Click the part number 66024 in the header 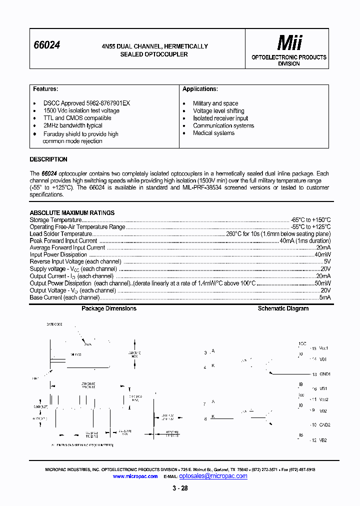click(46, 45)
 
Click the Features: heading click(45, 89)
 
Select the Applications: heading click(200, 89)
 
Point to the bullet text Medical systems click(213, 133)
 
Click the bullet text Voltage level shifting click(218, 110)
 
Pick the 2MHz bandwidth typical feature click(72, 125)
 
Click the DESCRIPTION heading click(48, 159)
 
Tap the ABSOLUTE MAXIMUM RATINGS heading click(72, 212)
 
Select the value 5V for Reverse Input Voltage click(327, 261)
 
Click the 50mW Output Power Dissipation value click(322, 283)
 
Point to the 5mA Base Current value click(325, 297)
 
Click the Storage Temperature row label click(55, 220)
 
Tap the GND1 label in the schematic click(325, 374)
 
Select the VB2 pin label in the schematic click(323, 440)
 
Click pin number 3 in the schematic click(205, 353)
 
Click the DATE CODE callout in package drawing click(54, 324)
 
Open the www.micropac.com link click(135, 476)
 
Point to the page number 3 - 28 click(180, 488)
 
